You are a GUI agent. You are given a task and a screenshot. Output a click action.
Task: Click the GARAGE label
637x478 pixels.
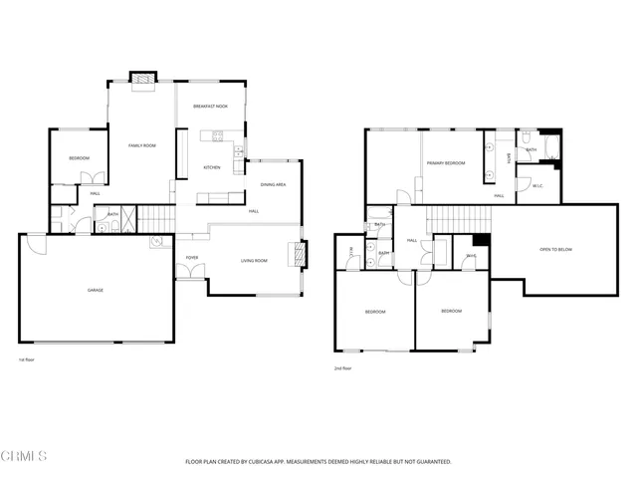click(96, 290)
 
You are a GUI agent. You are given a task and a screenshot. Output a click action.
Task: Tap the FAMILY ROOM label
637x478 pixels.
click(142, 146)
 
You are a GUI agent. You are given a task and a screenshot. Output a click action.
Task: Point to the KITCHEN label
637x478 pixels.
click(212, 167)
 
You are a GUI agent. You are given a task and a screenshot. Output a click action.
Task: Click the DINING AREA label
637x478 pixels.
click(274, 185)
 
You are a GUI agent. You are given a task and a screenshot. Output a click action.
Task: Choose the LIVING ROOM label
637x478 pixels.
click(255, 261)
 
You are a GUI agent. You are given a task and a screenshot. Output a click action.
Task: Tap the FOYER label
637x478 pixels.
click(192, 258)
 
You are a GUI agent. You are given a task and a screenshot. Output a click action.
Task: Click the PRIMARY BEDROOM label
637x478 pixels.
click(445, 162)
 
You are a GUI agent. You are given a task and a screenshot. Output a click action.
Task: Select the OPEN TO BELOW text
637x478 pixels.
click(555, 249)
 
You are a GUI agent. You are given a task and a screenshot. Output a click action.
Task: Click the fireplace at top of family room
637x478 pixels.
click(145, 79)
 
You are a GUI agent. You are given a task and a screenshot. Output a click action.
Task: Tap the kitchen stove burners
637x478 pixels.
click(240, 152)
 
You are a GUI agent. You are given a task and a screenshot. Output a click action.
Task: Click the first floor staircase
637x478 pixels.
click(155, 218)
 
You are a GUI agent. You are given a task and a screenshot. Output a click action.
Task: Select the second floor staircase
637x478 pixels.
click(459, 218)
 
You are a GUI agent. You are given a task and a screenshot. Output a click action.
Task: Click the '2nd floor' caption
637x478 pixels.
click(343, 368)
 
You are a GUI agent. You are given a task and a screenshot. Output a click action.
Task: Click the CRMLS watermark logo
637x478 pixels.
click(25, 456)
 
